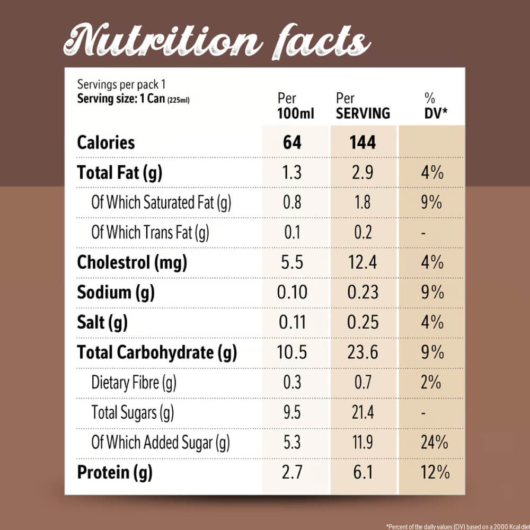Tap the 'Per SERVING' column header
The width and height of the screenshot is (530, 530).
[x=363, y=106]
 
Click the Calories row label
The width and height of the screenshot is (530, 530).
[x=106, y=143]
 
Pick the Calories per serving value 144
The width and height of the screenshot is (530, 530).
[x=363, y=143]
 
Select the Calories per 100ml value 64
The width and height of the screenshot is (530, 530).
[x=292, y=143]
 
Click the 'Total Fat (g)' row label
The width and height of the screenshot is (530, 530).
[x=119, y=173]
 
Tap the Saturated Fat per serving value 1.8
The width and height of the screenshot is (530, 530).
[x=363, y=202]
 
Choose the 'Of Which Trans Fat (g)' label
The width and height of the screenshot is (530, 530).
[x=150, y=233]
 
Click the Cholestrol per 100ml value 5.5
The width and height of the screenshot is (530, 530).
[x=292, y=262]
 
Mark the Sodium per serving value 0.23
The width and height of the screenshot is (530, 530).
[x=363, y=293]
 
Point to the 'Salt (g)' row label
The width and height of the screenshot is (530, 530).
[x=102, y=322]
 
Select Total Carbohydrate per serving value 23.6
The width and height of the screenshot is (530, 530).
[x=363, y=352]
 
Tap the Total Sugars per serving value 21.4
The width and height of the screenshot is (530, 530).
[x=363, y=412]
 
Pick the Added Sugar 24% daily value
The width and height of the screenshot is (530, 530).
[x=434, y=442]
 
